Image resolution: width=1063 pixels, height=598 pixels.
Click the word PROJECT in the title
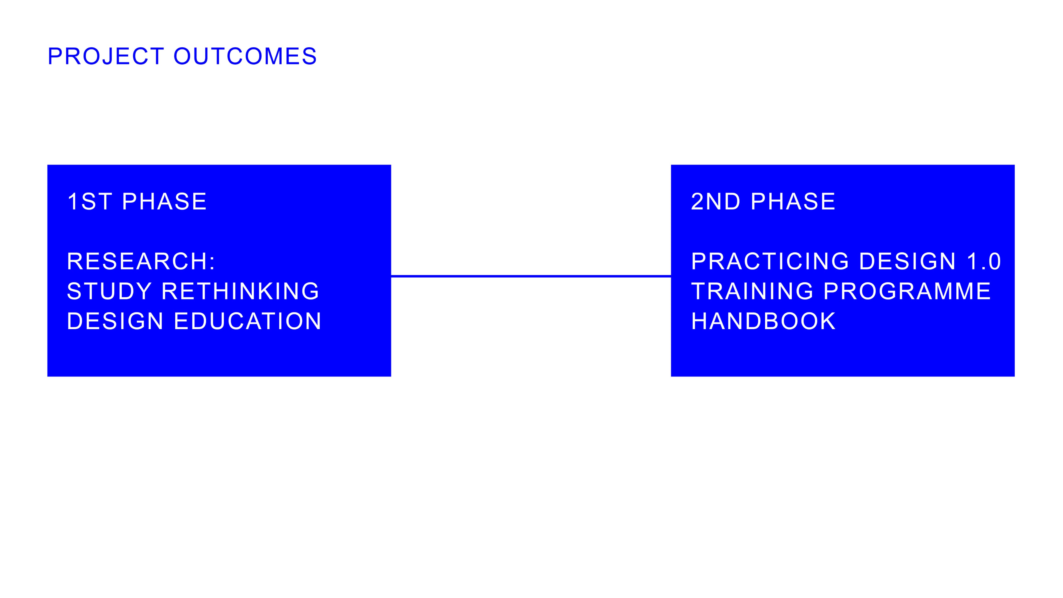click(x=106, y=56)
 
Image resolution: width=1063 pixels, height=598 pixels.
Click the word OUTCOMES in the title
click(x=245, y=56)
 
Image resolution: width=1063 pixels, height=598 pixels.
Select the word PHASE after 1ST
click(x=164, y=201)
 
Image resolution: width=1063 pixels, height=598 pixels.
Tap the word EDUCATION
click(x=248, y=321)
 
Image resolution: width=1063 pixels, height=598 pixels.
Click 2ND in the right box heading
click(x=716, y=201)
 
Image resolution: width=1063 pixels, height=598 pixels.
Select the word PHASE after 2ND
click(x=793, y=201)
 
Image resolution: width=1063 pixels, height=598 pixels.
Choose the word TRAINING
click(x=752, y=291)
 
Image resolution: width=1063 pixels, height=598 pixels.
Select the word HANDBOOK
click(x=763, y=321)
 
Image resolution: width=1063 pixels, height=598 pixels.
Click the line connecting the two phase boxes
click(x=531, y=276)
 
